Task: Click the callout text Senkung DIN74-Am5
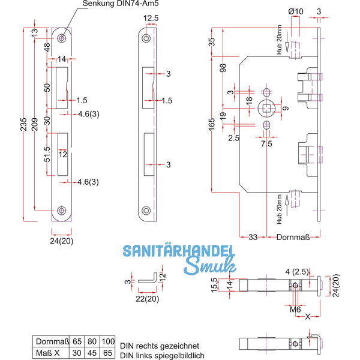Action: click(121, 4)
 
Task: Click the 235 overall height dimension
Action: click(23, 124)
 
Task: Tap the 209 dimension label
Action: click(34, 124)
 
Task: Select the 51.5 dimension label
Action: click(47, 154)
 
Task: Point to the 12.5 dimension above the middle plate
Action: click(151, 18)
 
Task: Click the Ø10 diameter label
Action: click(296, 11)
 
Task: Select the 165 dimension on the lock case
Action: click(212, 124)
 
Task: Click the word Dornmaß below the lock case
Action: click(293, 237)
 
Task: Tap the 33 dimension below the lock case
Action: click(253, 237)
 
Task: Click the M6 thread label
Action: click(295, 310)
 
